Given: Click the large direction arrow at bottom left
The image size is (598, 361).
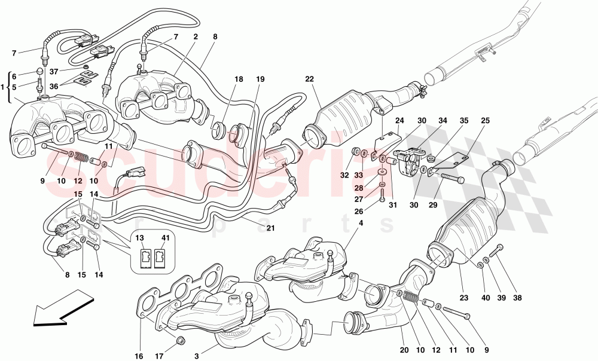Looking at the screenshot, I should pos(59,307).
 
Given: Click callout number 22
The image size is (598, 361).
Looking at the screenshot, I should pos(309,79).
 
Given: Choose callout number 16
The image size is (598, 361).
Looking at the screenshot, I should pos(139,357).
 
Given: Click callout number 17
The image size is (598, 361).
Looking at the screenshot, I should pos(159,357).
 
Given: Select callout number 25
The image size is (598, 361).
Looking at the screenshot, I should pos(485,121).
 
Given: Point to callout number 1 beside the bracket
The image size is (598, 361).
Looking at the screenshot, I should pos(4,87).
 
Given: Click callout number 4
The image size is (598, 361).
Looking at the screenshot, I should pos(361,224).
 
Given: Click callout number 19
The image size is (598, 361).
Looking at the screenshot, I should pos(260,79).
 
